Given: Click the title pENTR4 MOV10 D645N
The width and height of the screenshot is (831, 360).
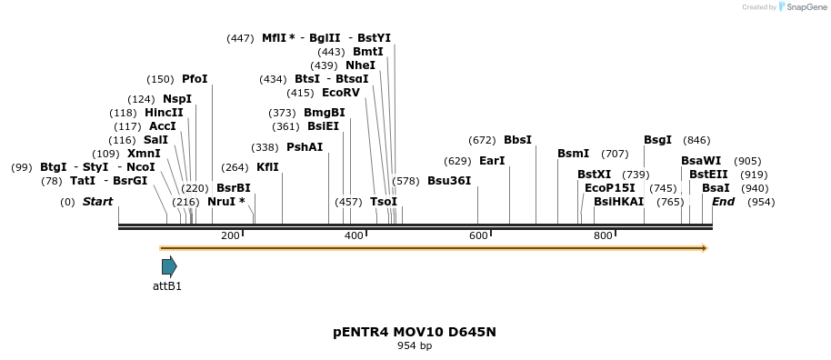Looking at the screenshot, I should (415, 332).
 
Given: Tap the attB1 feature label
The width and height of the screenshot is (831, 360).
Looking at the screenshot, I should (167, 286).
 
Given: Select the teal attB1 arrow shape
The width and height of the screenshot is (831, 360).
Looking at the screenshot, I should (169, 265).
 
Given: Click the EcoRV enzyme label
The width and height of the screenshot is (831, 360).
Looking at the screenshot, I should (341, 93).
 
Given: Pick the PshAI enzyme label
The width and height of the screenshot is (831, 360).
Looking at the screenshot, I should (305, 147).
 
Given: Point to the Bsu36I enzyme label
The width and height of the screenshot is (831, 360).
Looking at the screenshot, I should (449, 181).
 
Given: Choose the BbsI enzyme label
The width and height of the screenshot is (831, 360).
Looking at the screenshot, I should (517, 140).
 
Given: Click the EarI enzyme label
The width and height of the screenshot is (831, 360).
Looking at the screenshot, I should (492, 161).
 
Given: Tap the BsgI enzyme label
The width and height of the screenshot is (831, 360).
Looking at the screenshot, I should (657, 140).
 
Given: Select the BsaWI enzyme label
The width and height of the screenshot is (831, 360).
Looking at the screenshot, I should (701, 161).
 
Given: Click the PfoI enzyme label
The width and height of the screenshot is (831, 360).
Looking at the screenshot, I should (195, 79).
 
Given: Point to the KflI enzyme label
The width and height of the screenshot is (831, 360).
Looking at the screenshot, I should (267, 167).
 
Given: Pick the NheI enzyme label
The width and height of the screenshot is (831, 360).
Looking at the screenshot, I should (360, 65).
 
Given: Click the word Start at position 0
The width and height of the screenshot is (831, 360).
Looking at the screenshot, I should (97, 202).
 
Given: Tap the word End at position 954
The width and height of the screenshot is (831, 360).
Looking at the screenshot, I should (723, 202).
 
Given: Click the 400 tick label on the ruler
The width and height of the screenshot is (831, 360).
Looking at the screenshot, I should (354, 236).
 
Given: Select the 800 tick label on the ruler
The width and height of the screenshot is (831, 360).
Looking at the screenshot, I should (603, 236).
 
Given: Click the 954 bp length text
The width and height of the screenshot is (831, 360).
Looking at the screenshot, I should (415, 346).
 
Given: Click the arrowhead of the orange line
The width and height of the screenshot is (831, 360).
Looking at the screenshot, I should (703, 248).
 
